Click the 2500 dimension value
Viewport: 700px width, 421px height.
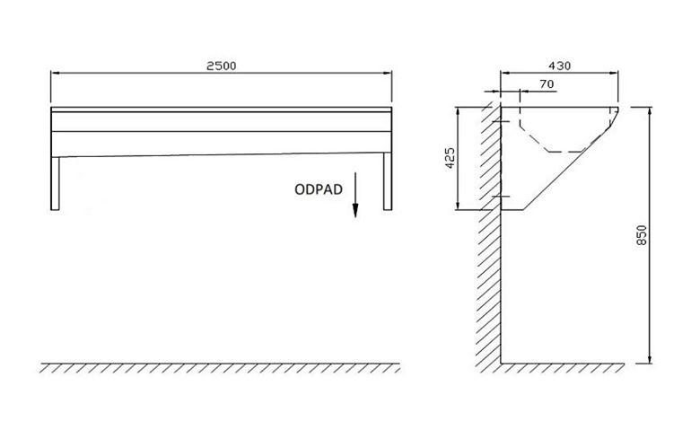[221, 66]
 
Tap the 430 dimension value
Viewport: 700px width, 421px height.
[559, 66]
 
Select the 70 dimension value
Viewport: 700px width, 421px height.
[547, 84]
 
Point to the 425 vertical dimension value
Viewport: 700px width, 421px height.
[450, 158]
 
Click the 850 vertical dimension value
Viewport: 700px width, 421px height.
[641, 235]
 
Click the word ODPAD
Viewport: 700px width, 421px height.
[319, 189]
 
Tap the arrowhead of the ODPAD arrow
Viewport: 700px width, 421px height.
[355, 210]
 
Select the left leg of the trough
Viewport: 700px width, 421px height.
[55, 183]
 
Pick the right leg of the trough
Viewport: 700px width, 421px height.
[388, 181]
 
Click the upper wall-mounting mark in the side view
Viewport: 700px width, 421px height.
[501, 121]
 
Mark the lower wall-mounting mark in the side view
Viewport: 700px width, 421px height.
[501, 196]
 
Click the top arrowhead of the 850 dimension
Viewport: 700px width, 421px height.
[650, 110]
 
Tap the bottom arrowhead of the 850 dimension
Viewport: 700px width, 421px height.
[650, 360]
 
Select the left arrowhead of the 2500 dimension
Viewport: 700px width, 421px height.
[55, 73]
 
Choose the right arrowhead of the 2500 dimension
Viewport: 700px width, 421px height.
[388, 73]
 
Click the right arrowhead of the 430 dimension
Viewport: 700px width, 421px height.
[614, 73]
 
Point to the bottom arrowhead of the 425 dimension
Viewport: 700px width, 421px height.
[457, 206]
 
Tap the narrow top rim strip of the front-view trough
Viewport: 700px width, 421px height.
[222, 110]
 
